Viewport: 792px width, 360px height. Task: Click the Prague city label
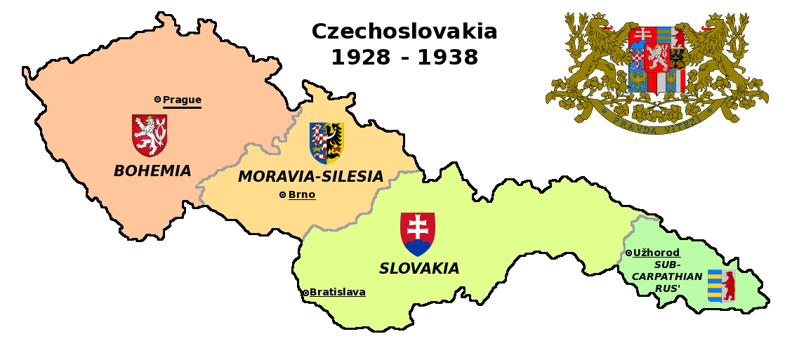coord(182,100)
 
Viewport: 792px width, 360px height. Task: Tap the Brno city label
coord(302,194)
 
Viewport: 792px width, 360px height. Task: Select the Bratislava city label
coord(337,292)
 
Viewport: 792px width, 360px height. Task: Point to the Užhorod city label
coord(656,253)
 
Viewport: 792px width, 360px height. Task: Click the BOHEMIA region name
coord(152,171)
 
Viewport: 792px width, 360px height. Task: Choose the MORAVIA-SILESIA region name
coord(310,177)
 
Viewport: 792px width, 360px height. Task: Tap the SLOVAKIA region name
coord(419,269)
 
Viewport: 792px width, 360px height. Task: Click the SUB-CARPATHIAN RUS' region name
coord(667,276)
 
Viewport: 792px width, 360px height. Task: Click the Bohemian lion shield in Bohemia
coord(150,135)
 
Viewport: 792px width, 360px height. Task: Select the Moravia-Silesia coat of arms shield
coord(326,142)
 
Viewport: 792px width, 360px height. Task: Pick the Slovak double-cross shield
coord(418,234)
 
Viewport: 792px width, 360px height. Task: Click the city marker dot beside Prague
coord(157,100)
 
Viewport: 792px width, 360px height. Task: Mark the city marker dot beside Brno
coord(282,194)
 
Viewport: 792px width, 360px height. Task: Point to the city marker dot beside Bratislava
coord(305,293)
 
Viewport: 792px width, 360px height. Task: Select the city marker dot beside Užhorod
coord(628,253)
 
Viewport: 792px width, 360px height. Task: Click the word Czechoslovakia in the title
coord(404,32)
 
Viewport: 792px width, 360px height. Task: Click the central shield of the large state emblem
coord(656,60)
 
